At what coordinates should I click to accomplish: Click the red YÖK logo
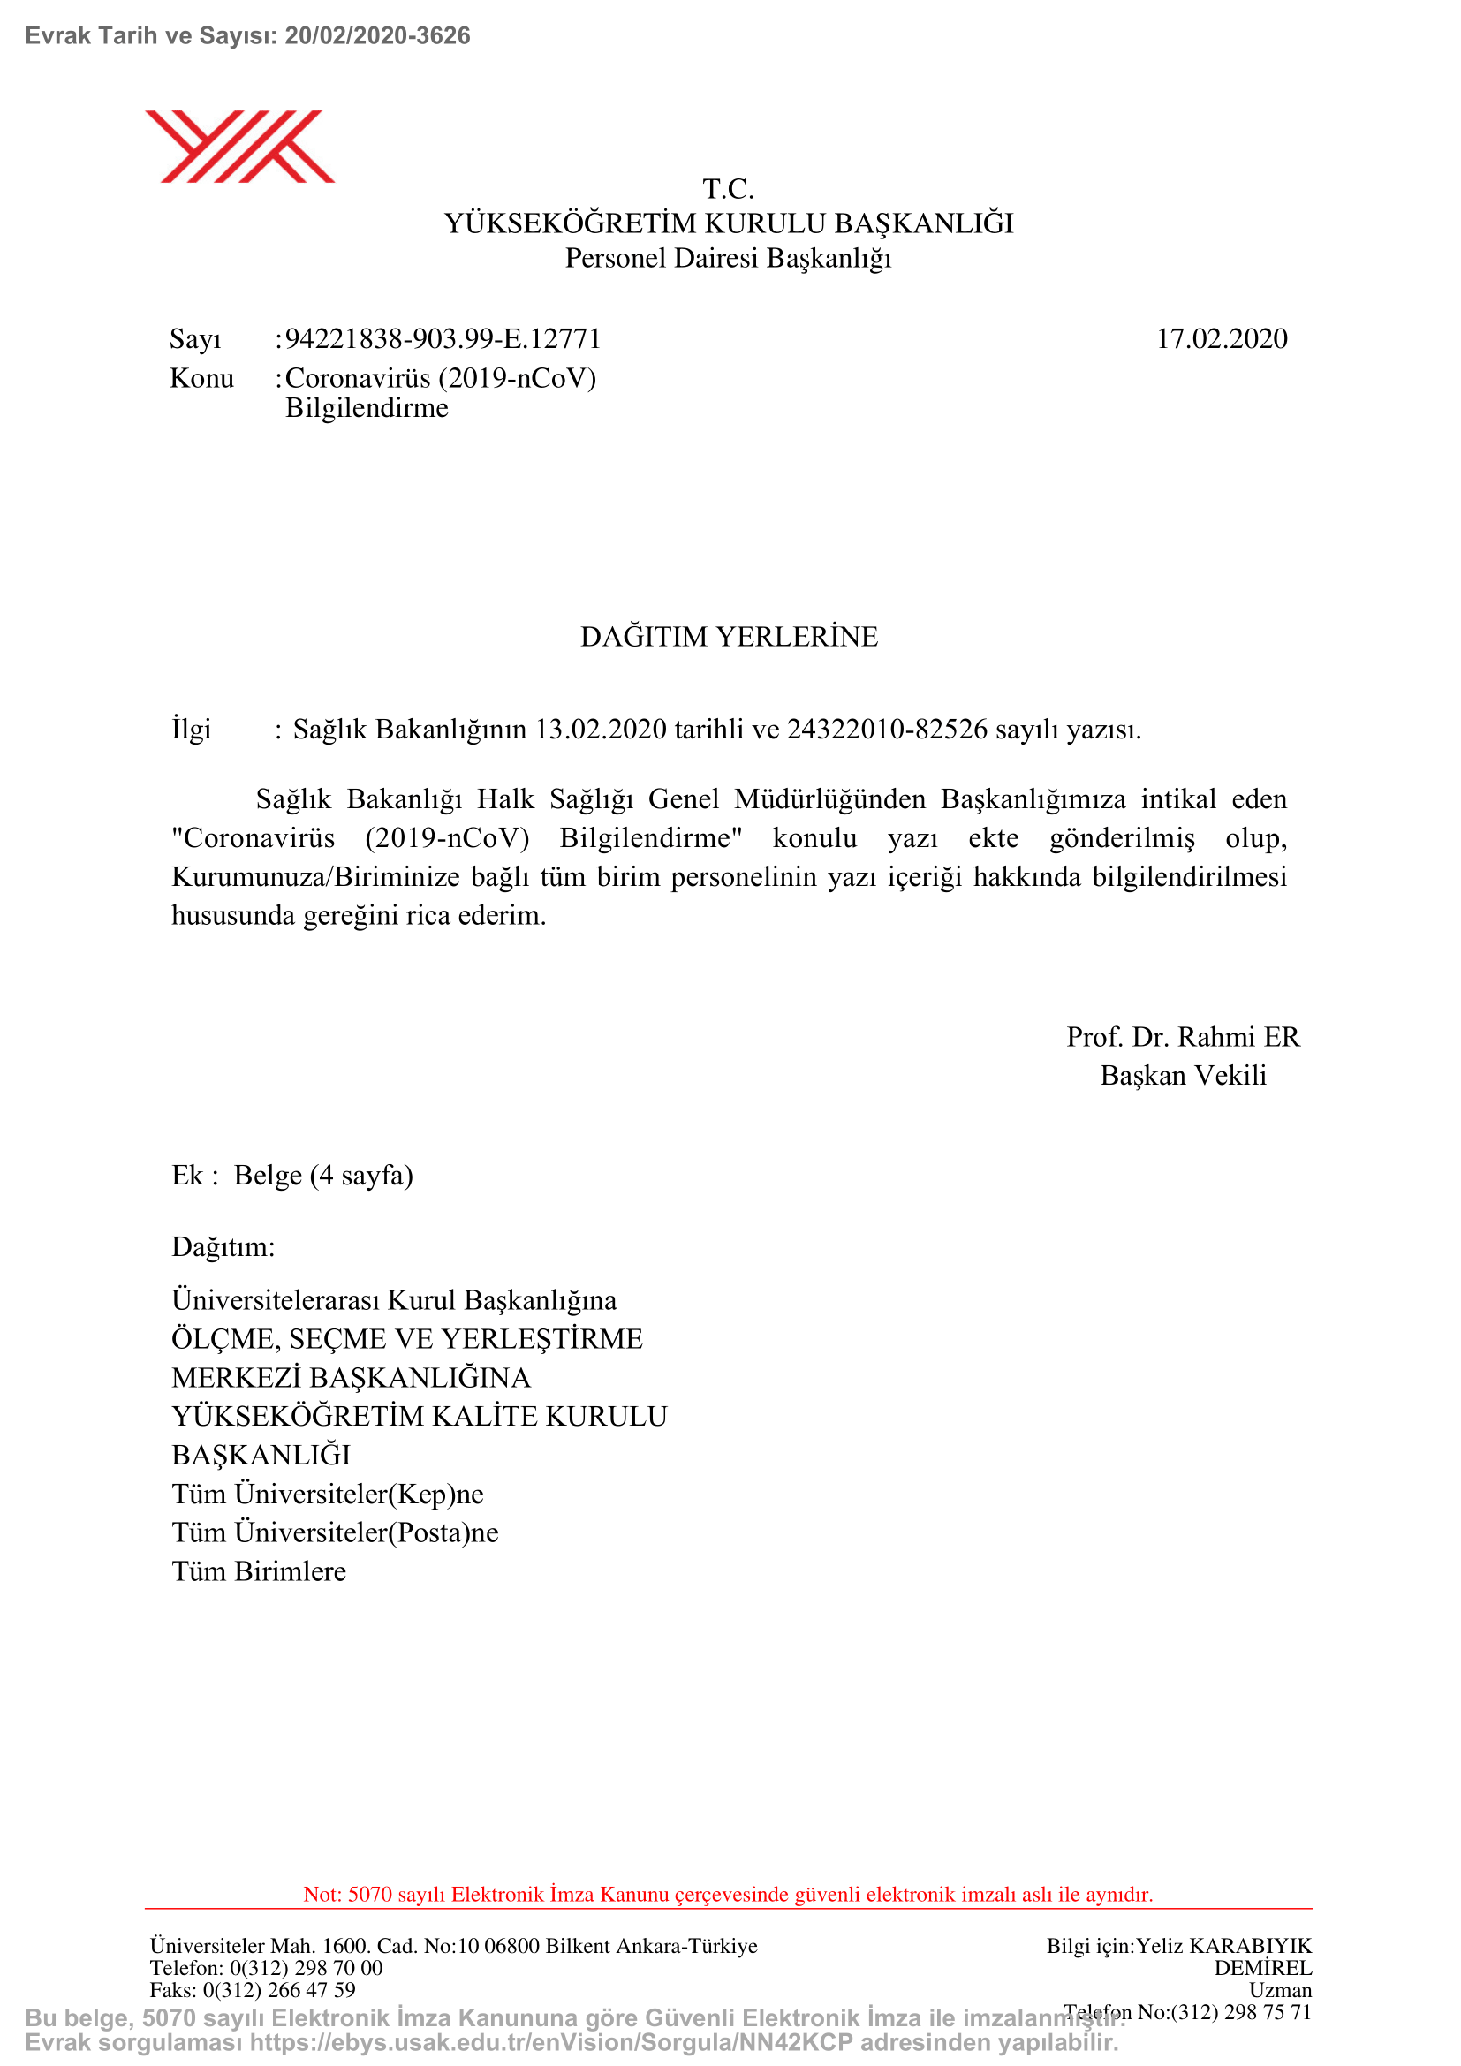click(240, 146)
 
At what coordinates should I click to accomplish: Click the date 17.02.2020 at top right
click(1221, 339)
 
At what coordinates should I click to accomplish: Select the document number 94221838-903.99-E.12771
click(443, 339)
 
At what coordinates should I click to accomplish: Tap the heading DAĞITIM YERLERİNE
click(729, 637)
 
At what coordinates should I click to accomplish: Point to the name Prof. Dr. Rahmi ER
click(1183, 1037)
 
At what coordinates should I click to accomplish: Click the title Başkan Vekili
click(1183, 1075)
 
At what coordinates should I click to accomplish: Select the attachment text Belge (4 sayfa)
click(323, 1175)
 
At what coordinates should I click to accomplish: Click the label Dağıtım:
click(223, 1247)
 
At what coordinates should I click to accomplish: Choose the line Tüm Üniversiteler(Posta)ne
click(335, 1532)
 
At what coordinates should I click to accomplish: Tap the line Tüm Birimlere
click(259, 1571)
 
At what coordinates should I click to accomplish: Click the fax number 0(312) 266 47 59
click(279, 1989)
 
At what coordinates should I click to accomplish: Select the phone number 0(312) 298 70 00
click(306, 1968)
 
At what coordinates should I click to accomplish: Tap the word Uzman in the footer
click(1280, 1989)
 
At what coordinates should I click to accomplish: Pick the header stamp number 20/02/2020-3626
click(378, 36)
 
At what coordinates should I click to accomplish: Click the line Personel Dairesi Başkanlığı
click(728, 258)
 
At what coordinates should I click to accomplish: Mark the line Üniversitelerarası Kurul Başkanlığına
click(394, 1300)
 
